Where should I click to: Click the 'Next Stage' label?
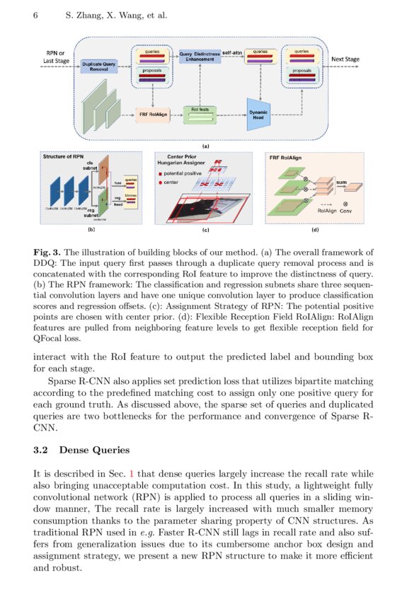tap(345, 59)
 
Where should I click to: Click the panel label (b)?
tap(91, 229)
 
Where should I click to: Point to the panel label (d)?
tap(314, 229)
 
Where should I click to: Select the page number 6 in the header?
tap(35, 16)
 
